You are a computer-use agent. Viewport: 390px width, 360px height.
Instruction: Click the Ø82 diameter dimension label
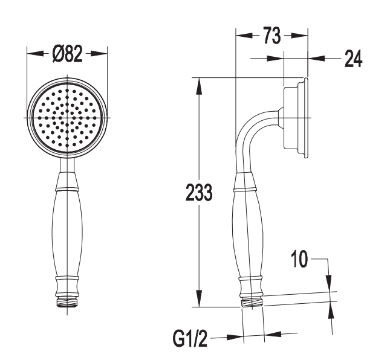pyautogui.click(x=67, y=54)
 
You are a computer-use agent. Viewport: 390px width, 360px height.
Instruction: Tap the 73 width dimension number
pyautogui.click(x=272, y=36)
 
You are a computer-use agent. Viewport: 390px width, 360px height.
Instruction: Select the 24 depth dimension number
pyautogui.click(x=353, y=59)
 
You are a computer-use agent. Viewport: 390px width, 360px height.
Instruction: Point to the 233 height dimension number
pyautogui.click(x=199, y=192)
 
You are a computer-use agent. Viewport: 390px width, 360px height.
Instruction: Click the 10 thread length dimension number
pyautogui.click(x=299, y=259)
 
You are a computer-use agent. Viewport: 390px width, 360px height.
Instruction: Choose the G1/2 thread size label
pyautogui.click(x=190, y=338)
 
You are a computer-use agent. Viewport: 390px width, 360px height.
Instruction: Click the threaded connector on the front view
pyautogui.click(x=67, y=301)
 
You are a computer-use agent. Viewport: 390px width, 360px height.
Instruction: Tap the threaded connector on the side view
pyautogui.click(x=252, y=302)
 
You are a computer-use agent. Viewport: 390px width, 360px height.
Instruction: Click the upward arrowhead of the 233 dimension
pyautogui.click(x=199, y=86)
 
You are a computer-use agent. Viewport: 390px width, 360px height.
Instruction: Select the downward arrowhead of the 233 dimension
pyautogui.click(x=199, y=298)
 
